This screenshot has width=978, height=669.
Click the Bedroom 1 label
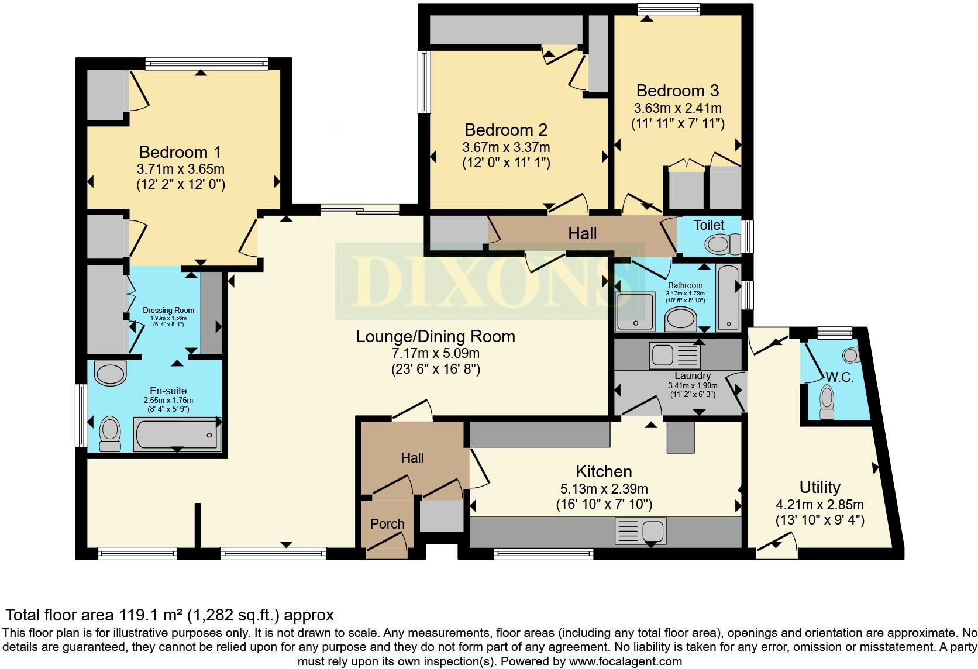point(180,152)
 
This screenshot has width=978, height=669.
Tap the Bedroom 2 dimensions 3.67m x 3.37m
point(507,147)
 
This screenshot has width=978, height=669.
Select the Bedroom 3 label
point(677,91)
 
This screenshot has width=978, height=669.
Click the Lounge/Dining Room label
point(435,336)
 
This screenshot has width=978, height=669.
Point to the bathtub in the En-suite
point(176,434)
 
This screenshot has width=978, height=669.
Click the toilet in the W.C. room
point(827,402)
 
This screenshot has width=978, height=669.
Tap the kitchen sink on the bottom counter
point(640,532)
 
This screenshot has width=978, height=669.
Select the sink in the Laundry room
point(674,356)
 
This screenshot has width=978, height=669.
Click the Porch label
point(387,524)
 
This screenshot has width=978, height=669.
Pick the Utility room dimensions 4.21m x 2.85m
point(819,505)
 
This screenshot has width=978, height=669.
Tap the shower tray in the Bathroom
point(635,310)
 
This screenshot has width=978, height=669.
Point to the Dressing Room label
point(168,311)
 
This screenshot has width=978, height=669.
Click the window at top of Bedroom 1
point(206,63)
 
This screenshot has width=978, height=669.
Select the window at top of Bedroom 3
point(669,8)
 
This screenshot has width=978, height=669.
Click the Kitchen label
point(604,471)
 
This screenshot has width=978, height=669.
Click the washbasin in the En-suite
point(110,373)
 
